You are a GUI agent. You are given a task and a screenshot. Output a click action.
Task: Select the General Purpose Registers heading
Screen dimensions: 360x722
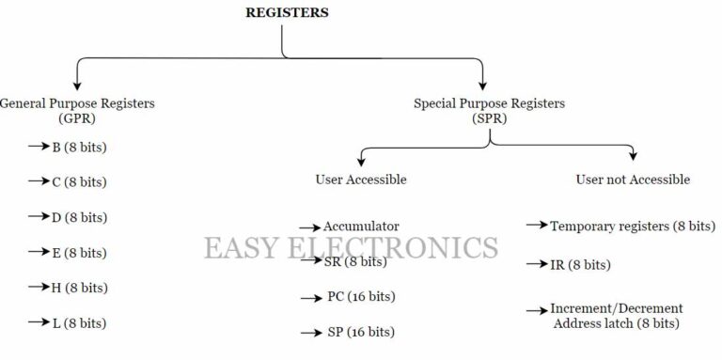tap(77, 102)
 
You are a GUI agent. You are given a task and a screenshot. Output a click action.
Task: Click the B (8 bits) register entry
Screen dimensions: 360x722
tap(79, 148)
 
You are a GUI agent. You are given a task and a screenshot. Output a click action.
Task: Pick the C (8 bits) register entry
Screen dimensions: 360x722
tap(79, 182)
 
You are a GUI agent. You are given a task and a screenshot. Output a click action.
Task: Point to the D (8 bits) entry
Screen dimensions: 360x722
tap(79, 217)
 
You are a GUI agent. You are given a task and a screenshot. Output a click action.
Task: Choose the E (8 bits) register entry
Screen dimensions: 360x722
tap(79, 253)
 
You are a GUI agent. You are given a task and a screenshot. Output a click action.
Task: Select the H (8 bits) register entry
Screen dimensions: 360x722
tap(79, 288)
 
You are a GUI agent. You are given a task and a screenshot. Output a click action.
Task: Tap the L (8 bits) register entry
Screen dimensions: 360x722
tap(79, 322)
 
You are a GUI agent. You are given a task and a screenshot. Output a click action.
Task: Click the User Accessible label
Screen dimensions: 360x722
tap(361, 179)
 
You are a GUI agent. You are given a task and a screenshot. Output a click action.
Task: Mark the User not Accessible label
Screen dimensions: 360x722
tap(632, 179)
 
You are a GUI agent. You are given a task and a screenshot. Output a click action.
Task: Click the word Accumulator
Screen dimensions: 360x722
tap(361, 227)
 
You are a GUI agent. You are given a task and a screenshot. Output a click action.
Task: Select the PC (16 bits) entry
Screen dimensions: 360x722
tap(361, 297)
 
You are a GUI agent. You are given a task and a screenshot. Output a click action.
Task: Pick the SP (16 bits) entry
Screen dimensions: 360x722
tap(361, 332)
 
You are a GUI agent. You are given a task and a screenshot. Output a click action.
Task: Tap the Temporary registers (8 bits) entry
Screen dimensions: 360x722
tap(632, 227)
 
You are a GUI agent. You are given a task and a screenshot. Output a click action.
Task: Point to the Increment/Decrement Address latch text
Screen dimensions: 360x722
tap(617, 316)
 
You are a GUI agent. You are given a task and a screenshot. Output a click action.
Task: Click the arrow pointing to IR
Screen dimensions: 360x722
tap(536, 265)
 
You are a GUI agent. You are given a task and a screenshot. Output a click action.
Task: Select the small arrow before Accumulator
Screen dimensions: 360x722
tap(310, 227)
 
